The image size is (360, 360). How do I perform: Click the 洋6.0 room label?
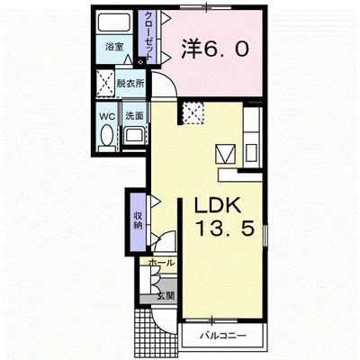point(215,49)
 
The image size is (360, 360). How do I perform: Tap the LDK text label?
point(218,205)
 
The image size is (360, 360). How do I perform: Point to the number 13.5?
point(225,228)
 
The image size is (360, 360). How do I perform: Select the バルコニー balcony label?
point(223,335)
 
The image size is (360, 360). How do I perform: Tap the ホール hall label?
point(161,263)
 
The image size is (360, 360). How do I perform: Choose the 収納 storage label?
point(139,220)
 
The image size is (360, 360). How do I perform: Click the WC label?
point(107,116)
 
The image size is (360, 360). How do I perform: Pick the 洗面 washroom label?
point(134,116)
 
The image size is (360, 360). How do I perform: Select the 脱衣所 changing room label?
point(130,84)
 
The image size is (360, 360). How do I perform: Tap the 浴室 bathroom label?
point(114,47)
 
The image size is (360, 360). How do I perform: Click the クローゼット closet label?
point(148,36)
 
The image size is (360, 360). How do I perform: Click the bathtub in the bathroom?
point(114,22)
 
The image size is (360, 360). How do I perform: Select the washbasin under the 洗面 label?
point(135,136)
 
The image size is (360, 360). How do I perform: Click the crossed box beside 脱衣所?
point(105,84)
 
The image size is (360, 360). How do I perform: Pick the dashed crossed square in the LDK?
point(193,112)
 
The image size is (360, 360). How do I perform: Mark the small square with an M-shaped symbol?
point(226,154)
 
